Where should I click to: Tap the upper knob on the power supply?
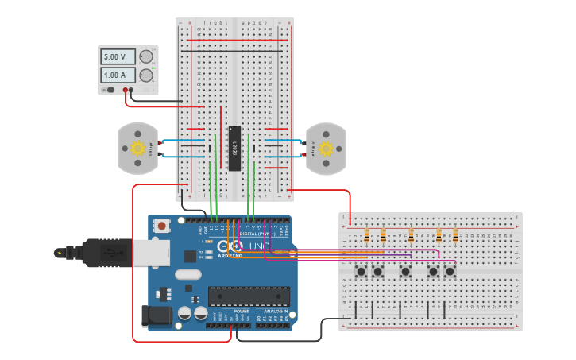click(x=146, y=56)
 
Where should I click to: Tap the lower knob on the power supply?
click(x=146, y=75)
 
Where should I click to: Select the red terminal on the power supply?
click(x=125, y=91)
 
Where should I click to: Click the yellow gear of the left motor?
click(x=138, y=148)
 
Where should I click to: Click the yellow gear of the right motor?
click(x=326, y=148)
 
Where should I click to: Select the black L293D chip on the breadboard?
click(x=234, y=148)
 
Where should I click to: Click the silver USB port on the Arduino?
click(x=151, y=254)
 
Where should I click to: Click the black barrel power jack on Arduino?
click(x=156, y=315)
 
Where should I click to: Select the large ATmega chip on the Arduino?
click(x=249, y=296)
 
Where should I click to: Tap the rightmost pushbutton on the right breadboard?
click(x=450, y=272)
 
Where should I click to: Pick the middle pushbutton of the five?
click(x=406, y=272)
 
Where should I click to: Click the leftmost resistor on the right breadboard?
click(x=366, y=235)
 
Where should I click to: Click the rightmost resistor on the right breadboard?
click(x=455, y=235)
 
